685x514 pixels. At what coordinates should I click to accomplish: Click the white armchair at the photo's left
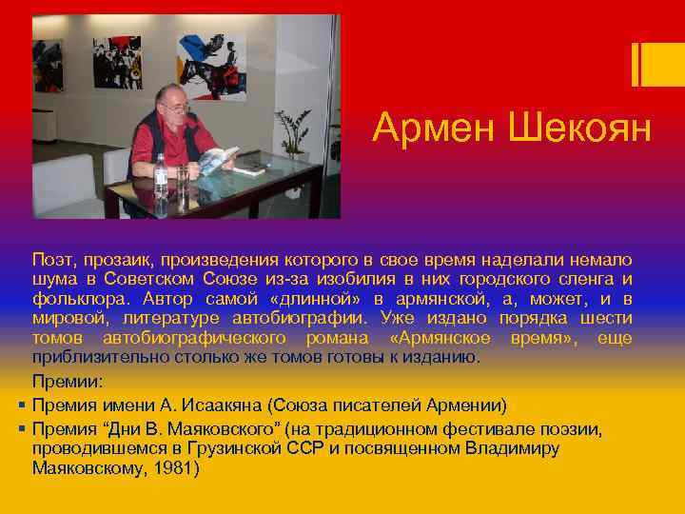[67, 186]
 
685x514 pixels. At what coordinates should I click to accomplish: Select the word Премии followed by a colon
[67, 382]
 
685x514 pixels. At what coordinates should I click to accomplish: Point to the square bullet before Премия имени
[21, 404]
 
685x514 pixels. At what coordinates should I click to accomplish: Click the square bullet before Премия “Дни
[21, 428]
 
